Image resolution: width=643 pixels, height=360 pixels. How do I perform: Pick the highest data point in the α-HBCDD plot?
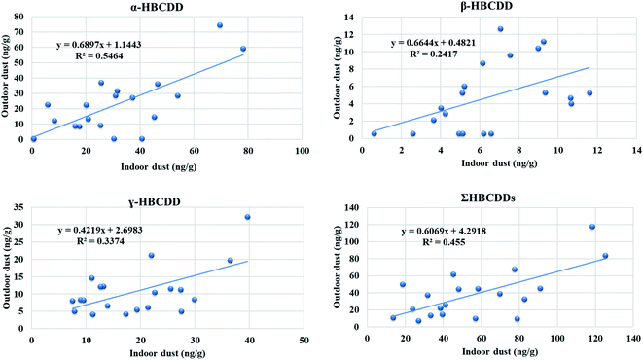point(220,25)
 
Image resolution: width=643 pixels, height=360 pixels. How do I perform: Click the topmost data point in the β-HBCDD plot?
point(500,29)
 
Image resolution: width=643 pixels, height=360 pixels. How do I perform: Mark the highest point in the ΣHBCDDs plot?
point(591,227)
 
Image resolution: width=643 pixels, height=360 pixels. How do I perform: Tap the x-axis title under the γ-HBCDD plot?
point(166,352)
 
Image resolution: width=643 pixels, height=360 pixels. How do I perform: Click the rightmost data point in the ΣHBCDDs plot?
point(605,256)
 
